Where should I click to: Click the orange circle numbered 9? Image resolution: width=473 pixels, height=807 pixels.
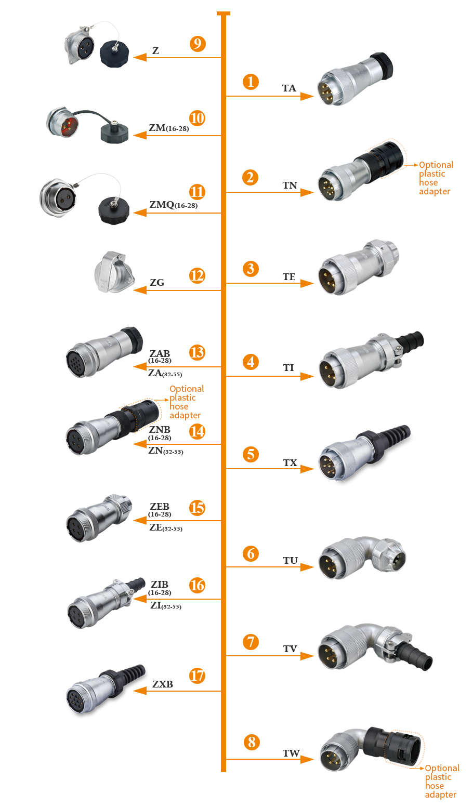[198, 44]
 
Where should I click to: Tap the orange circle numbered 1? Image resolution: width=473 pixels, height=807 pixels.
[251, 82]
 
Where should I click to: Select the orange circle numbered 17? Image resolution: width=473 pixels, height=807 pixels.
[198, 676]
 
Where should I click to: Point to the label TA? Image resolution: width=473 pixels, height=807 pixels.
[289, 88]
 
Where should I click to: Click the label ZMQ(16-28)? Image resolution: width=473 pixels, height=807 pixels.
[174, 205]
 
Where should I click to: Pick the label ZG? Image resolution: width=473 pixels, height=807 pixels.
[157, 283]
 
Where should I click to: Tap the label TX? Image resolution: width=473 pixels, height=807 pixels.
[290, 462]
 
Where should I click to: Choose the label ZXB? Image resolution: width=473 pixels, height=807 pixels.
[163, 684]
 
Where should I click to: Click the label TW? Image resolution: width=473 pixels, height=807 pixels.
[291, 753]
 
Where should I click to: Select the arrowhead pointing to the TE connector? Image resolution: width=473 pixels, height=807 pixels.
[307, 284]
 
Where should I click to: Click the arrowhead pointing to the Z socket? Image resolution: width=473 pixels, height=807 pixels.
[140, 57]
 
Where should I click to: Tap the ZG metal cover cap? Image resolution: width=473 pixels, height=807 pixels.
[114, 272]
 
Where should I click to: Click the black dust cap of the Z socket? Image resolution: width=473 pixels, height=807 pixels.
[114, 54]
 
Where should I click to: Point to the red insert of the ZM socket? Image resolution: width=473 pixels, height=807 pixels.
[69, 126]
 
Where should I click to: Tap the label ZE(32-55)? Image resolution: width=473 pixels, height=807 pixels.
[166, 528]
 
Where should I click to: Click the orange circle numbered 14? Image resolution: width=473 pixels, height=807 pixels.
[198, 431]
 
